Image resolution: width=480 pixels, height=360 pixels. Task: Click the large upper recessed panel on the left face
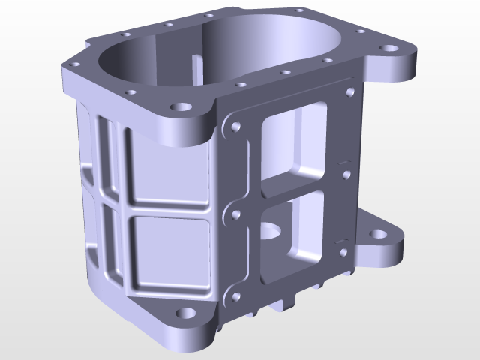[x=168, y=166]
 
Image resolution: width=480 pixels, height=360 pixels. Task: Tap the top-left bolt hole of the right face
[x=236, y=128]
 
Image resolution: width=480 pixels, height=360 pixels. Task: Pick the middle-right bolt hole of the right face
[x=346, y=176]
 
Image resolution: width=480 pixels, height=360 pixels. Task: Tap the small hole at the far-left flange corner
[x=73, y=65]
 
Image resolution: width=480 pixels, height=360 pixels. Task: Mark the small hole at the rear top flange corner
[x=299, y=10]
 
